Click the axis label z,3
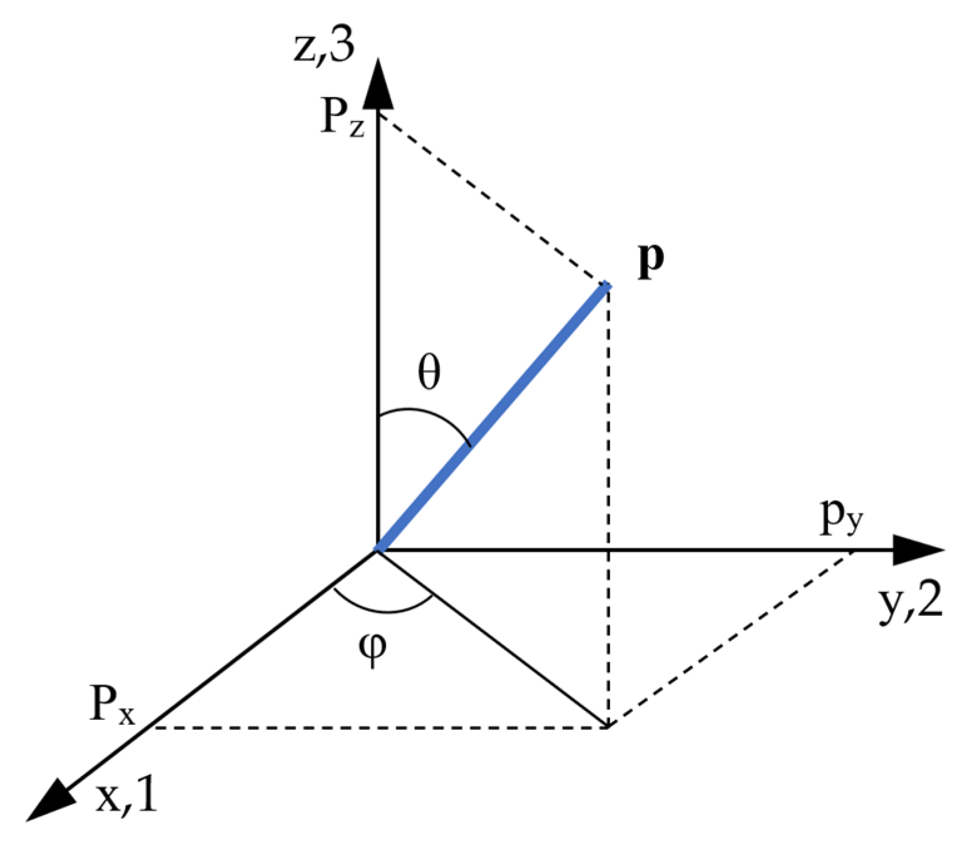click(324, 46)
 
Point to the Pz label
click(342, 117)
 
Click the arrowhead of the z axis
click(378, 84)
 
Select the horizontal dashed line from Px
click(375, 727)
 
